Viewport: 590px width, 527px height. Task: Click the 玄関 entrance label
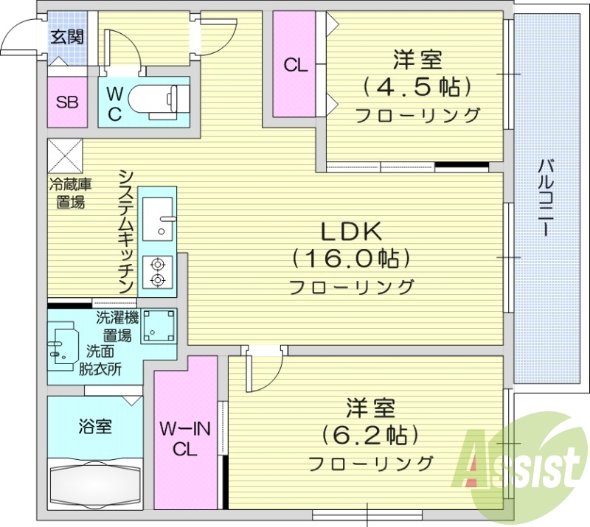click(66, 37)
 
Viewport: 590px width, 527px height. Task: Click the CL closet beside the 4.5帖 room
click(296, 65)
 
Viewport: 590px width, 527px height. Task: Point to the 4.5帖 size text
click(416, 87)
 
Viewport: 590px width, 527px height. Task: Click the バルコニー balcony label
click(546, 195)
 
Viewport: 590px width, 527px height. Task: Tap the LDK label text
click(350, 232)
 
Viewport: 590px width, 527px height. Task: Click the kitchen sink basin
click(157, 218)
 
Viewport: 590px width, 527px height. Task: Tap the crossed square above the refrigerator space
click(65, 156)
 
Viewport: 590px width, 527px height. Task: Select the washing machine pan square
click(159, 326)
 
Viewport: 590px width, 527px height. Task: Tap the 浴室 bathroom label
click(95, 427)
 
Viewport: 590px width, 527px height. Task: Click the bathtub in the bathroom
click(94, 484)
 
